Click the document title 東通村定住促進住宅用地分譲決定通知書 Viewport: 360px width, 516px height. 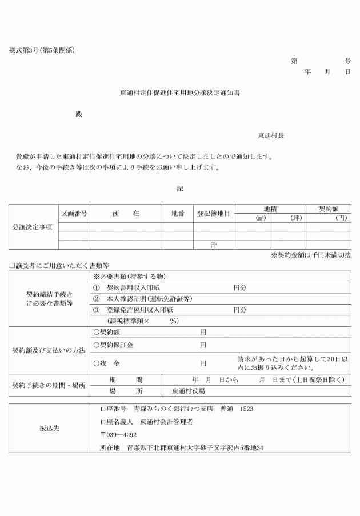tap(180, 93)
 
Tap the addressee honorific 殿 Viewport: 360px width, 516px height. tap(79, 114)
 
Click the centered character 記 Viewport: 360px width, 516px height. tap(180, 188)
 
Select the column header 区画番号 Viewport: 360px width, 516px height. tap(74, 213)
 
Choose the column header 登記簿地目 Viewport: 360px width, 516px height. tap(213, 213)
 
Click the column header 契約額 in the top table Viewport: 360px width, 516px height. tap(329, 209)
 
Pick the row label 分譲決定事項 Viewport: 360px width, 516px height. tap(33, 227)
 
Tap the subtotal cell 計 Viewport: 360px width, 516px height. tap(213, 245)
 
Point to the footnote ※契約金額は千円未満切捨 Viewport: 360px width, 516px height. tap(311, 255)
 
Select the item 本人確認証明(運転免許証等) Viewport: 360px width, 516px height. tap(146, 298)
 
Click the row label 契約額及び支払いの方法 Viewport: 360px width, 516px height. tap(49, 350)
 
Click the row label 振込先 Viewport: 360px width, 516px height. tap(49, 428)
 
